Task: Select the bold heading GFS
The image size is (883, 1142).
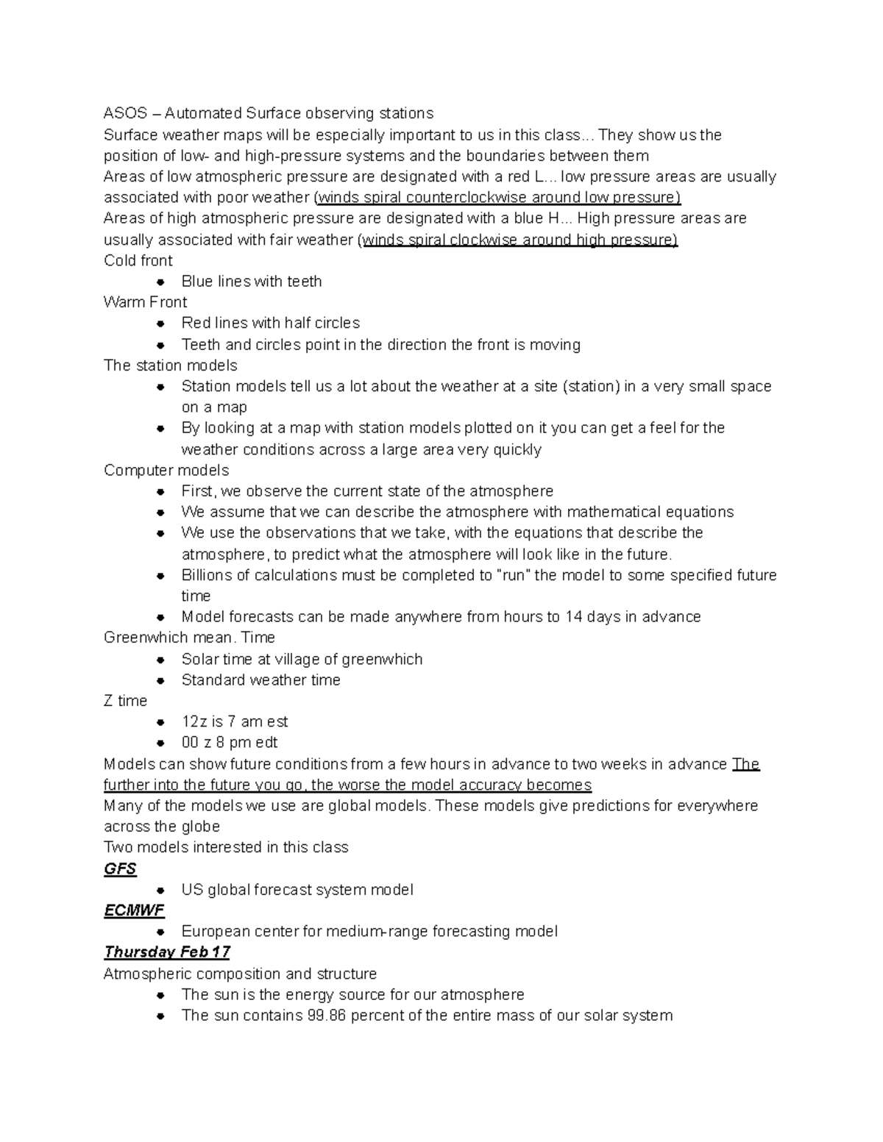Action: tap(120, 868)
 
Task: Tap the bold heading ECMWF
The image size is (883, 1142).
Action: tap(134, 910)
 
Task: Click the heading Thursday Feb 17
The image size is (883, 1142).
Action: tap(167, 952)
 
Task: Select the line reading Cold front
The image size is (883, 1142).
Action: tap(138, 260)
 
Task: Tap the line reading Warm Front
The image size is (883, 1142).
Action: tap(146, 302)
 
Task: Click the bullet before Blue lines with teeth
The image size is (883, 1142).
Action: tap(160, 282)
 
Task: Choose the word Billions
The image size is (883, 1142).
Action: tap(206, 575)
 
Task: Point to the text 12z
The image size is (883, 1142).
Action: tap(194, 721)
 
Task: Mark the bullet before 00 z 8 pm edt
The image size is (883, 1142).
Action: tap(160, 743)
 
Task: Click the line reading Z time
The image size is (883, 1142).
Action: tap(126, 701)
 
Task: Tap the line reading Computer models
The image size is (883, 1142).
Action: tap(166, 470)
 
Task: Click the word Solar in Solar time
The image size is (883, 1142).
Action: tap(199, 659)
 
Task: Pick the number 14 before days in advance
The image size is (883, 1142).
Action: tap(574, 617)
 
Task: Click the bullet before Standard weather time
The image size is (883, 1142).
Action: tap(160, 680)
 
